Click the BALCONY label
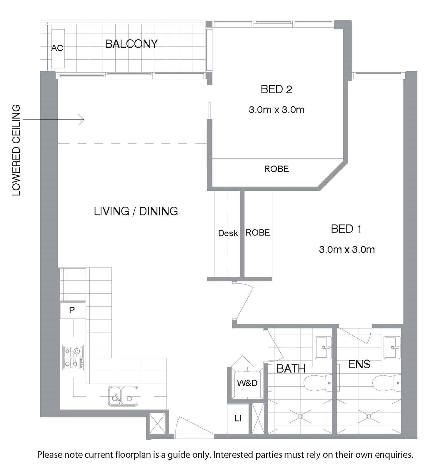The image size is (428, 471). pos(131,44)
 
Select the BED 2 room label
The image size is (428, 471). pos(276,89)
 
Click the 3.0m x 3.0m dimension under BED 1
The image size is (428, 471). pos(347,250)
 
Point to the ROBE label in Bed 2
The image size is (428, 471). pos(277,169)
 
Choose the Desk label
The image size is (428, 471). pos(228,233)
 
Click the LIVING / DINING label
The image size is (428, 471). pos(136,211)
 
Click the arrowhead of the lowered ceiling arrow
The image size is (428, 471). pos(82,120)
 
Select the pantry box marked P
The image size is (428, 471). pos(73,310)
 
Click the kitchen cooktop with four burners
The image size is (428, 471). pos(73,358)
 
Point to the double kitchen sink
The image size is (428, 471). pos(123,396)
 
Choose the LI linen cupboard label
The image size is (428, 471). pos(238,418)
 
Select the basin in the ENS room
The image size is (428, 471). pos(392,348)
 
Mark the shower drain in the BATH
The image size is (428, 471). pos(300,416)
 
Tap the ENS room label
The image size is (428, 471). pos(359,364)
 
